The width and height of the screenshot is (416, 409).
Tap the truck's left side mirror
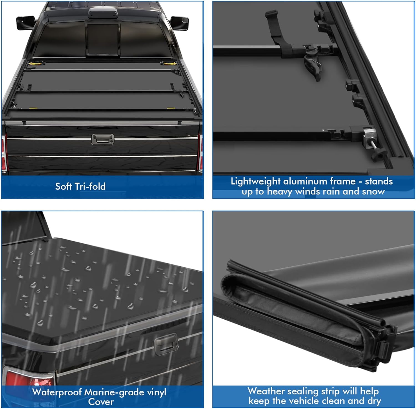pyautogui.click(x=26, y=22)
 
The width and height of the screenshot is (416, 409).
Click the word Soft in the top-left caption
pyautogui.click(x=64, y=186)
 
